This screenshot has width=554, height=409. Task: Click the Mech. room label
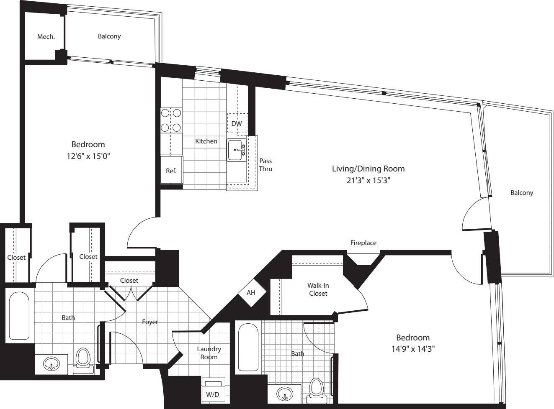(46, 37)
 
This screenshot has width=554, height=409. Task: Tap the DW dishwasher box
(237, 123)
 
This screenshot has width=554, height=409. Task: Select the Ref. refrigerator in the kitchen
(171, 170)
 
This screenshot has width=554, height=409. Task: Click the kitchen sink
(237, 150)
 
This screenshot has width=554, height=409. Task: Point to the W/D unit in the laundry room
(213, 390)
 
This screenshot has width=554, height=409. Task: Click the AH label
(251, 293)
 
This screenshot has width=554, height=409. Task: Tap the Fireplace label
(363, 243)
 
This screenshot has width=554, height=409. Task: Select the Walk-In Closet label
(318, 289)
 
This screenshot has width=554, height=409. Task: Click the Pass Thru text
(265, 165)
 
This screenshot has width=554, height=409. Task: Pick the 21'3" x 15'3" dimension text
(368, 180)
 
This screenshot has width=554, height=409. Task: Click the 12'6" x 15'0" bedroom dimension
(88, 156)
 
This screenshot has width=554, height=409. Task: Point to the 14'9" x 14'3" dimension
(413, 349)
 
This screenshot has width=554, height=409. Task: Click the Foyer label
(150, 322)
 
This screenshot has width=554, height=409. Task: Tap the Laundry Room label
(209, 353)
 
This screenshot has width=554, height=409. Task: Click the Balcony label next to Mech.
(109, 36)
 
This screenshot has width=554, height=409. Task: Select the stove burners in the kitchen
(171, 120)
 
